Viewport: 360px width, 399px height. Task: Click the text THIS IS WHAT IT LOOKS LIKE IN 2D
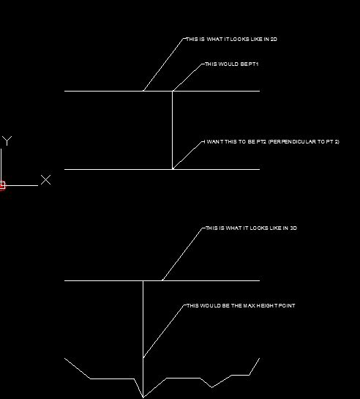click(232, 40)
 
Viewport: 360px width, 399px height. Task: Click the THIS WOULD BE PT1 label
click(232, 64)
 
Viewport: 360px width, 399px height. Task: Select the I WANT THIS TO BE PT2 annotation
click(271, 142)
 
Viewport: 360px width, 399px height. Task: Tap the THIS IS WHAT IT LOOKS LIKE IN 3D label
click(251, 228)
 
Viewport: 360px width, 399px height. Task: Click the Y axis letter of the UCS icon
click(7, 141)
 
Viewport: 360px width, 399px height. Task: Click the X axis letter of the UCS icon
click(46, 179)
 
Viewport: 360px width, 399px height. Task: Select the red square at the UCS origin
click(2, 185)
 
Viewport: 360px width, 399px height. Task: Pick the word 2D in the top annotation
click(274, 40)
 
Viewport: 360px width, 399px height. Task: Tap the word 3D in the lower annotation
click(293, 228)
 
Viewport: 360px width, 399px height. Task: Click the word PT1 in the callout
click(253, 64)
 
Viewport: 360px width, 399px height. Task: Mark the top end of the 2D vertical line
click(173, 91)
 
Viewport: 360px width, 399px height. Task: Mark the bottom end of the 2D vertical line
click(173, 169)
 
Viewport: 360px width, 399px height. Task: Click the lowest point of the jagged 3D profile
click(143, 398)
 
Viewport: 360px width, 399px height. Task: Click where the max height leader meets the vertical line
click(143, 358)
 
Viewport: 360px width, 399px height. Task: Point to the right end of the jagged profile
click(260, 358)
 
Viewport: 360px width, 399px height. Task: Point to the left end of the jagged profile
click(64, 358)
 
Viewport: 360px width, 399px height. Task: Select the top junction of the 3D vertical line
click(143, 280)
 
